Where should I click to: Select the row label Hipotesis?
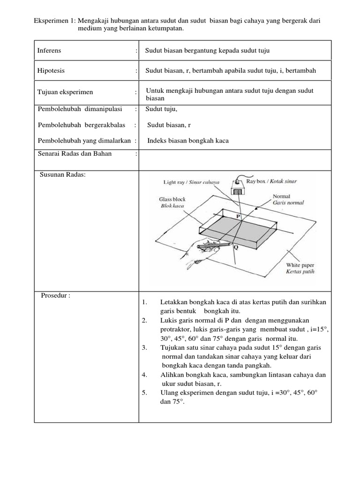[x=51, y=71]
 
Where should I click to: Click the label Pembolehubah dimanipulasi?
[x=79, y=109]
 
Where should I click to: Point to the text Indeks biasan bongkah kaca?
[x=188, y=141]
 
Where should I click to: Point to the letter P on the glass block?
[x=238, y=217]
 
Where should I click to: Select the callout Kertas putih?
[x=300, y=271]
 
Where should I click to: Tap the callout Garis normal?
[x=288, y=203]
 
